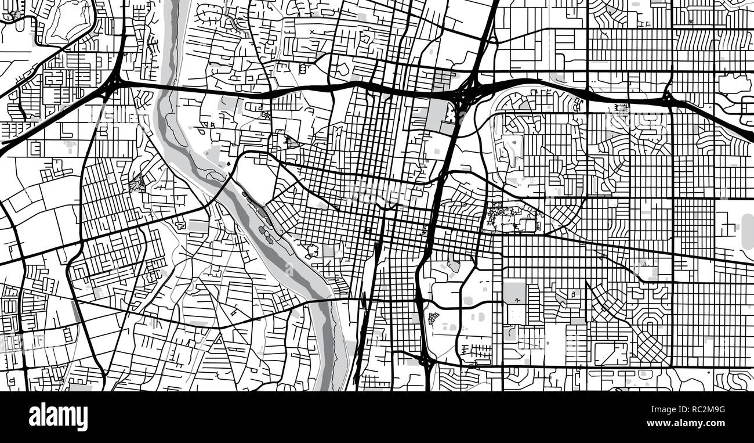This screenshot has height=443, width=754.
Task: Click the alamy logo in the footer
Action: point(58,417)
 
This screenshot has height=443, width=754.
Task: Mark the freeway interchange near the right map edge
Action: point(669,99)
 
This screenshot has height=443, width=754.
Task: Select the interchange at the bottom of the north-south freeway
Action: point(426,361)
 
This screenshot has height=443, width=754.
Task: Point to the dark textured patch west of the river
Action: point(138,185)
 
